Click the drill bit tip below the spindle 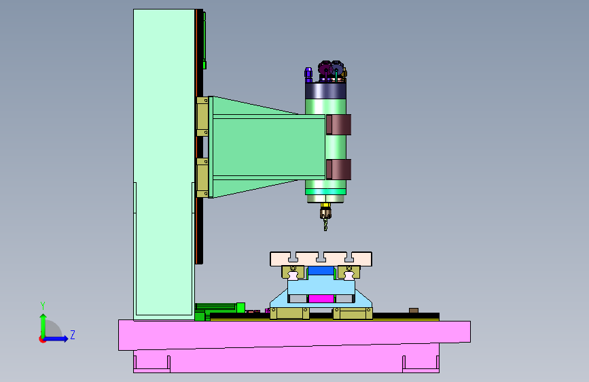pyautogui.click(x=325, y=230)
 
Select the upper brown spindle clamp pyautogui.click(x=339, y=124)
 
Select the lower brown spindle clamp pyautogui.click(x=339, y=169)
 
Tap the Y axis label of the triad pyautogui.click(x=43, y=305)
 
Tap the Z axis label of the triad pyautogui.click(x=73, y=334)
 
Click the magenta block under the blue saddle pyautogui.click(x=321, y=299)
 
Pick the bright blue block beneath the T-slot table pyautogui.click(x=321, y=271)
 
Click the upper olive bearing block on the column pyautogui.click(x=202, y=116)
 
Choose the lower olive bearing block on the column pyautogui.click(x=202, y=178)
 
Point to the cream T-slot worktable pyautogui.click(x=321, y=259)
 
